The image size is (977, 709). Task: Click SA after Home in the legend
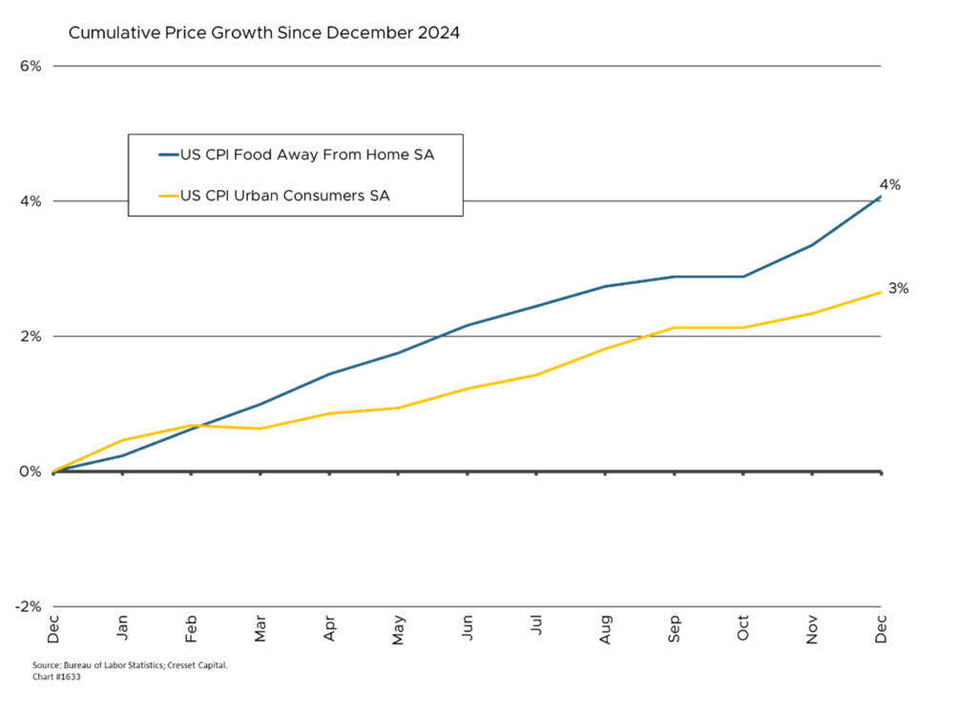pyautogui.click(x=424, y=155)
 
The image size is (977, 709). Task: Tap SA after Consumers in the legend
pyautogui.click(x=379, y=196)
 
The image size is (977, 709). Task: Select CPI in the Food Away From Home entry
pyautogui.click(x=209, y=155)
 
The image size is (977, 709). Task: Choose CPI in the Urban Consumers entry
pyautogui.click(x=209, y=196)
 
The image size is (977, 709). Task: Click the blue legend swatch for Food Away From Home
pyautogui.click(x=168, y=155)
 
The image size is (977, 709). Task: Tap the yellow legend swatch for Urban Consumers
pyautogui.click(x=168, y=196)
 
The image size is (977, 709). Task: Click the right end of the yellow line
pyautogui.click(x=885, y=290)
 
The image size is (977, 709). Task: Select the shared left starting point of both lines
pyautogui.click(x=53, y=470)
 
